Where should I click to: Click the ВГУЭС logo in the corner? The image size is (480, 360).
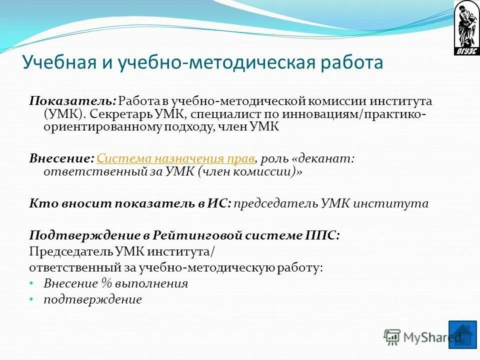(x=466, y=27)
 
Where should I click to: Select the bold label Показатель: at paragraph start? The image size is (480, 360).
(x=73, y=100)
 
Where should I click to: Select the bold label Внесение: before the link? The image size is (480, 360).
(x=61, y=158)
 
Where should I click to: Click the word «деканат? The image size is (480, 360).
(x=322, y=158)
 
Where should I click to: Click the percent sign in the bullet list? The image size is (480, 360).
(x=105, y=283)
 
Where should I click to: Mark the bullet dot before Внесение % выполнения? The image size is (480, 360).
(x=31, y=283)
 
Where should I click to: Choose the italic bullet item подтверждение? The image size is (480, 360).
(x=92, y=299)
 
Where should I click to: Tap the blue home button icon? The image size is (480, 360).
(x=462, y=333)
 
